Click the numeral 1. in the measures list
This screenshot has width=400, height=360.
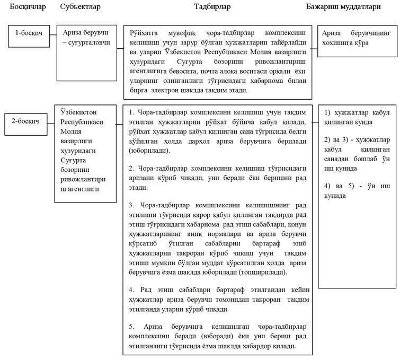pos(132,112)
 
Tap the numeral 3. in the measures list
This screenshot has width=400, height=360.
pos(131,205)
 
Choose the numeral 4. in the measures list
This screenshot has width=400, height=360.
pos(131,289)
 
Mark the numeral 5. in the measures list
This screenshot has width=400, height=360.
pos(131,324)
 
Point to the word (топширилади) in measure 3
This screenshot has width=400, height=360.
pos(261,271)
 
